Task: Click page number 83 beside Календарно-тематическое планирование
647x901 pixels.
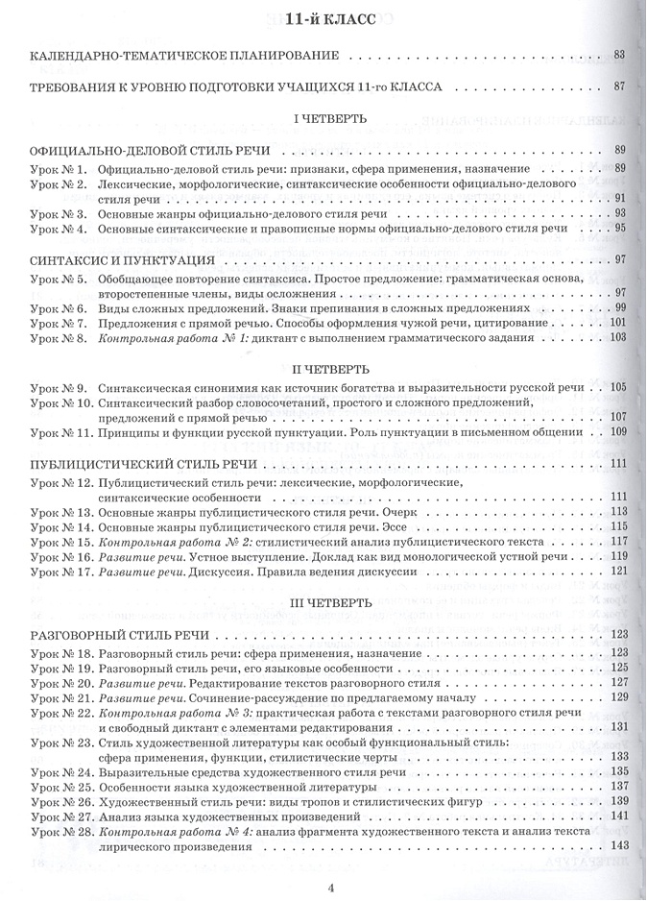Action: tap(619, 54)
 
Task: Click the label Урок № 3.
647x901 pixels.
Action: tap(59, 212)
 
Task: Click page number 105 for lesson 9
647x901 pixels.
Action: tap(617, 386)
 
